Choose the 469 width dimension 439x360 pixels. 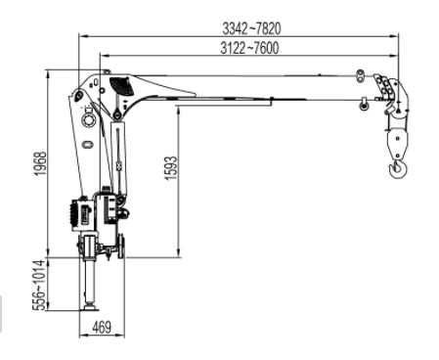point(100,327)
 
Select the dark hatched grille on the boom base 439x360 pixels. point(122,86)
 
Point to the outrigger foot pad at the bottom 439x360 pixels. point(90,307)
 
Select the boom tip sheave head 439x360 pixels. point(389,94)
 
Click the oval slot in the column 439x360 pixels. point(88,146)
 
